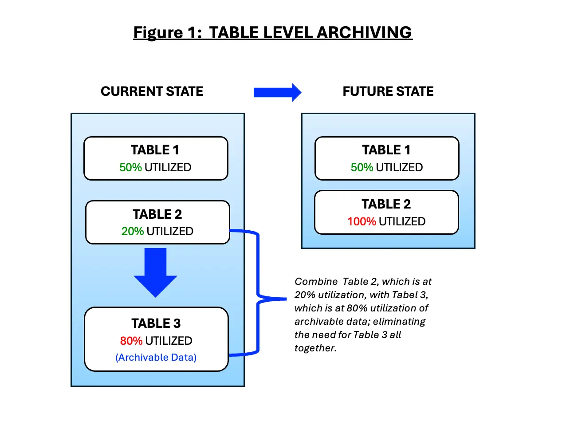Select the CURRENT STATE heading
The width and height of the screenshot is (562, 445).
[x=152, y=91]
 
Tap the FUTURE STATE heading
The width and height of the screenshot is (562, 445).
[x=388, y=91]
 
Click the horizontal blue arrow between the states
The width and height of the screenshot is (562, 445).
[x=277, y=92]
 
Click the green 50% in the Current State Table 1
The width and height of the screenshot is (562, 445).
[x=130, y=168]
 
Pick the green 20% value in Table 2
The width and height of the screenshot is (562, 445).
[x=132, y=232]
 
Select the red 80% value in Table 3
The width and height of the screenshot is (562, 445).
[x=131, y=341]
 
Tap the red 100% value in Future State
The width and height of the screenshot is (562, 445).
[x=362, y=222]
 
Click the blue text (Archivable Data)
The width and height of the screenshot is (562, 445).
[x=156, y=358]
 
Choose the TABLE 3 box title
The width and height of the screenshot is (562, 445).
[x=156, y=323]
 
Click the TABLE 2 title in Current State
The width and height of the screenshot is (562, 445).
[x=157, y=214]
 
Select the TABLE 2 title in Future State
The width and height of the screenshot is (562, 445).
[x=386, y=204]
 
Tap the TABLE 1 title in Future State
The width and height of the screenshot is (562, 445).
[x=386, y=150]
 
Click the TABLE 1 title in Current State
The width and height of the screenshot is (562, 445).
[x=155, y=150]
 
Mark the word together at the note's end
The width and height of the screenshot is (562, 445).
[x=315, y=348]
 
